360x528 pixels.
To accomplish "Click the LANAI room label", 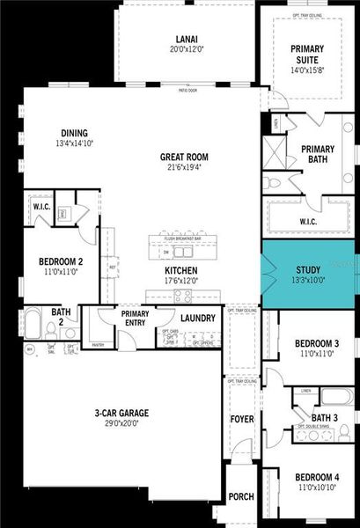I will point(186,39).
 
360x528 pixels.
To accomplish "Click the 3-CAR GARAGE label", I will point(122,412).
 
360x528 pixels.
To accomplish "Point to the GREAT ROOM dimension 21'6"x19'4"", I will point(183,168).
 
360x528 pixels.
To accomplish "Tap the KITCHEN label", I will point(180,270).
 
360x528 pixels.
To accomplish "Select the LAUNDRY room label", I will point(197,319).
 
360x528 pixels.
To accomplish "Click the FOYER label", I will point(241,419).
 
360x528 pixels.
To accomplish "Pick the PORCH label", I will point(241,496).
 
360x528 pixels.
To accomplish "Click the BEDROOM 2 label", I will point(61,261).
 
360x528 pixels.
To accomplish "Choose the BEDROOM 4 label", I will point(315,477).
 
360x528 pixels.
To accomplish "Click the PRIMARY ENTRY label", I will point(135,317).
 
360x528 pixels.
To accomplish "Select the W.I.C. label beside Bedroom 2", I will point(40,208).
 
